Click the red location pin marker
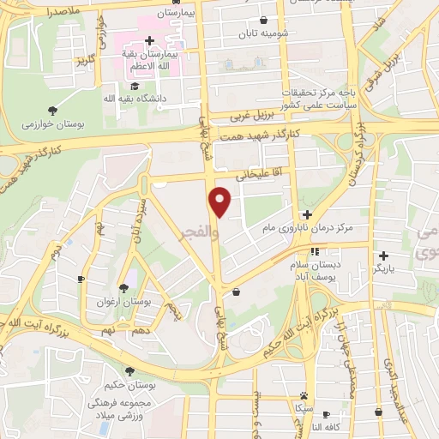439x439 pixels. tap(221, 201)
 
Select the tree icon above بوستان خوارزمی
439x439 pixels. tap(53, 109)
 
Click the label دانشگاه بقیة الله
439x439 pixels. tap(134, 99)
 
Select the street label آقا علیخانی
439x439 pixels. tap(247, 174)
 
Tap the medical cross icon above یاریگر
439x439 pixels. tap(383, 255)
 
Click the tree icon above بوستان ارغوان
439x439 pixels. tap(125, 287)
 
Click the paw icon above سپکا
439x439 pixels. tap(304, 396)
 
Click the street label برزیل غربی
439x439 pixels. tap(254, 116)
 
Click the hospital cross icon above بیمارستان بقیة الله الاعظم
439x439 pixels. tap(150, 40)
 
